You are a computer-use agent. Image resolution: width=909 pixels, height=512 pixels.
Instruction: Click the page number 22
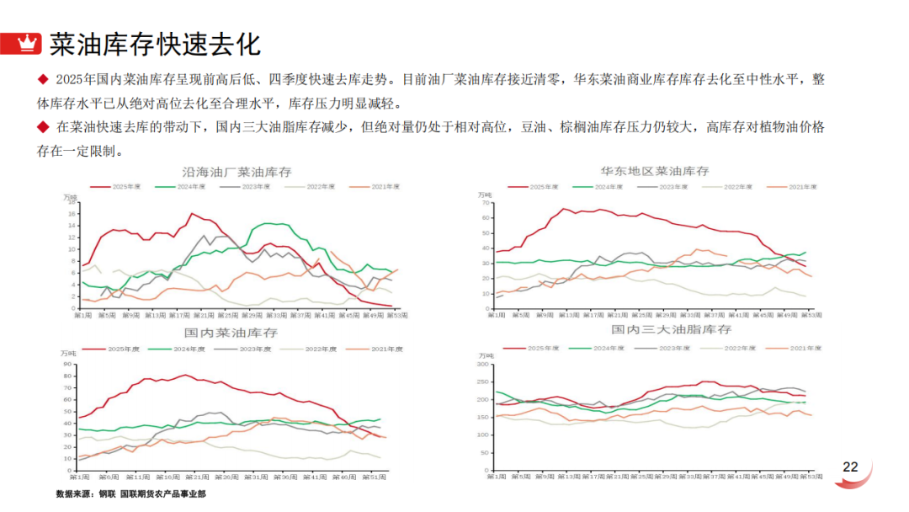point(850,467)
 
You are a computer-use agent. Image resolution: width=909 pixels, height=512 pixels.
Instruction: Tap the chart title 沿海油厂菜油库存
point(237,172)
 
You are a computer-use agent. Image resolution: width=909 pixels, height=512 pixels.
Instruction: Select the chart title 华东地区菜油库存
point(655,172)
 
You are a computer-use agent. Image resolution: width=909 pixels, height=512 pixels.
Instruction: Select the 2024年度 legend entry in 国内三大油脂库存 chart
point(603,347)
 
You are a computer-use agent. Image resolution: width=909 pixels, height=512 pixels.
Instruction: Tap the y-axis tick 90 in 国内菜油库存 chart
point(69,364)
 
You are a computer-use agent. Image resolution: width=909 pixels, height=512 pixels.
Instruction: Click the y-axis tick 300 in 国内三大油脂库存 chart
point(482,365)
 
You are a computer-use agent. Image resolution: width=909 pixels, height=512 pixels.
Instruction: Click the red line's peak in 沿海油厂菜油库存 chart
point(192,213)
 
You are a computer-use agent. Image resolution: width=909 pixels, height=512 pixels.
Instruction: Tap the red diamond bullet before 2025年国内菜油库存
point(43,80)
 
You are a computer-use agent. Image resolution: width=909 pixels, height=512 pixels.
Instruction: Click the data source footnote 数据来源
point(76,494)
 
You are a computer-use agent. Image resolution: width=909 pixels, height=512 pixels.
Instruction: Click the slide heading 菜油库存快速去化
point(155,42)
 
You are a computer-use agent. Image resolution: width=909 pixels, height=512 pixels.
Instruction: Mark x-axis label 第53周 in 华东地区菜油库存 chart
point(811,315)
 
